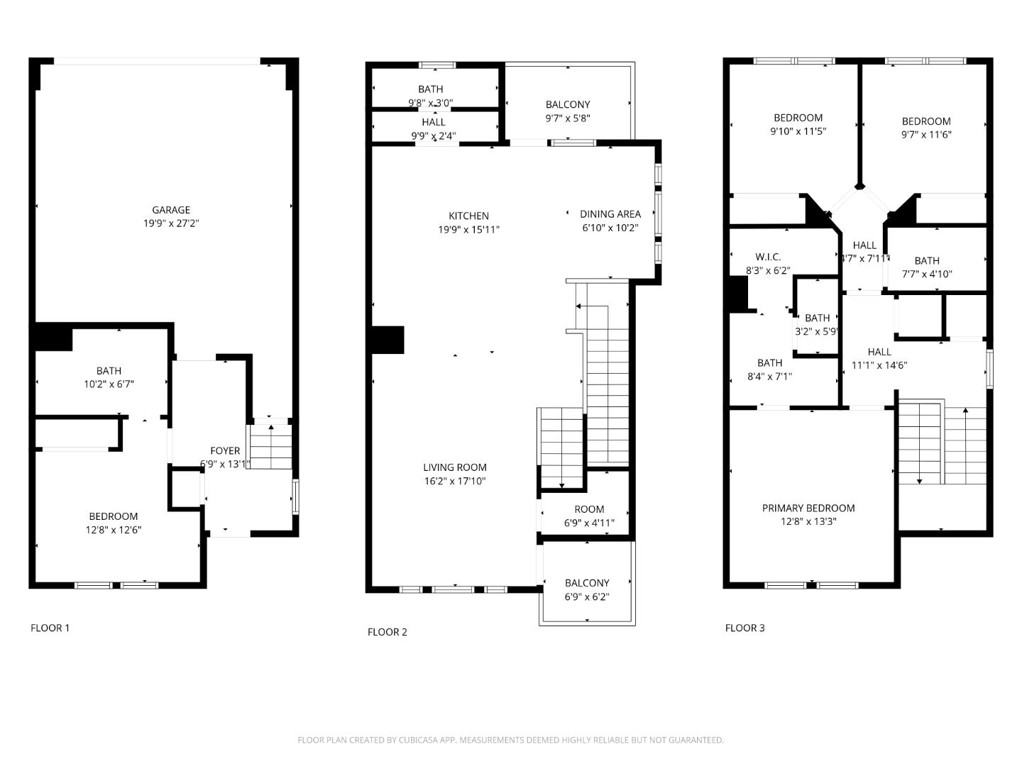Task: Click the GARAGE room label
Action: click(x=171, y=210)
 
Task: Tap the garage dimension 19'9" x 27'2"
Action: click(x=171, y=223)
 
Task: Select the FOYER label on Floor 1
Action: click(x=225, y=451)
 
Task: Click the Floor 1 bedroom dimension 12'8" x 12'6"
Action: click(x=114, y=530)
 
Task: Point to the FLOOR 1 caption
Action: click(x=50, y=628)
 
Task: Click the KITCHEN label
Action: click(x=468, y=216)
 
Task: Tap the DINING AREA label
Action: click(x=610, y=214)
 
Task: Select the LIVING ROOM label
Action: click(x=455, y=467)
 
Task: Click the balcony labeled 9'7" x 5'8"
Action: click(x=568, y=111)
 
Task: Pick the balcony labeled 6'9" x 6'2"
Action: click(x=587, y=589)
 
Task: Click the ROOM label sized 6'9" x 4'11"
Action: click(x=589, y=509)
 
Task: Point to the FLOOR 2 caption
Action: click(x=388, y=632)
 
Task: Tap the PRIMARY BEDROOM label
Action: click(x=808, y=508)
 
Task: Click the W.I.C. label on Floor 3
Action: click(x=768, y=257)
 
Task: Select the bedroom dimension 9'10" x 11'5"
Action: click(x=798, y=131)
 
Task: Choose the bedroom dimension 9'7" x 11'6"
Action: click(x=926, y=135)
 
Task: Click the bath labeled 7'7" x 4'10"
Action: click(x=927, y=267)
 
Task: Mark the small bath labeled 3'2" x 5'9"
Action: click(x=817, y=325)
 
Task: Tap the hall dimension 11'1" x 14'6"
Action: click(x=879, y=366)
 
